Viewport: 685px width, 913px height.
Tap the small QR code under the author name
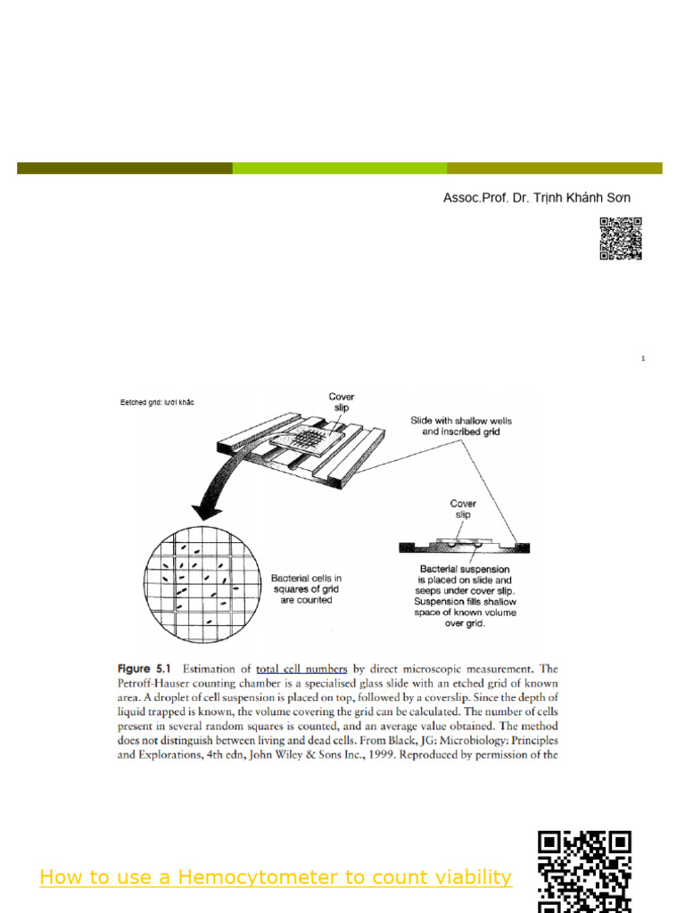coord(621,238)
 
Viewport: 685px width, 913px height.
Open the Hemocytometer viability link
coord(276,877)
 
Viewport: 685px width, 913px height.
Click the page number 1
coord(642,358)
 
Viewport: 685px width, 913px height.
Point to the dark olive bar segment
coord(124,168)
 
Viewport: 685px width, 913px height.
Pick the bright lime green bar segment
coord(339,168)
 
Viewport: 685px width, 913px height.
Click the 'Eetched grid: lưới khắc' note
coord(157,402)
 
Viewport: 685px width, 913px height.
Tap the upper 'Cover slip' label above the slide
coord(342,403)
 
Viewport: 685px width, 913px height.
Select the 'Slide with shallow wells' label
coord(461,425)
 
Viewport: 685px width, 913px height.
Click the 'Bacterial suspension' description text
coord(465,596)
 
